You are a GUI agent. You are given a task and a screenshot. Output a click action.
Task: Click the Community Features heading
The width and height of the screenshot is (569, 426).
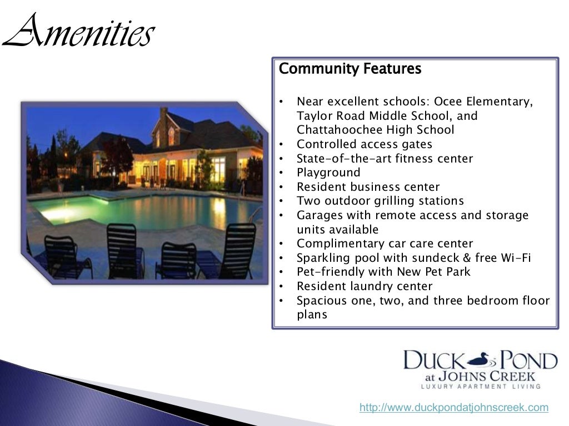(x=350, y=69)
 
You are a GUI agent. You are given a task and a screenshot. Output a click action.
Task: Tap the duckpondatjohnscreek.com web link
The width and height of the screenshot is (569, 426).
(x=453, y=408)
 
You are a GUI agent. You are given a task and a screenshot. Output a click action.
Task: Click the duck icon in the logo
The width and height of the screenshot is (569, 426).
(x=481, y=361)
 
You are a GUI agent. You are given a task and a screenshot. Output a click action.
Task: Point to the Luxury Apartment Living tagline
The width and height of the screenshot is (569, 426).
(x=480, y=386)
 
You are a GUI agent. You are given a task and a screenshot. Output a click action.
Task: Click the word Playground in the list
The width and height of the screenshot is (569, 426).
(x=328, y=173)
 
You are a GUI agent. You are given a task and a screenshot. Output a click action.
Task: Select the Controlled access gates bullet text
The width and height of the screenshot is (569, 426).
(x=365, y=144)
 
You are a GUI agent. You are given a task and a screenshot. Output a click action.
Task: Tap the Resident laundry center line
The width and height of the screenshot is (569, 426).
(x=365, y=286)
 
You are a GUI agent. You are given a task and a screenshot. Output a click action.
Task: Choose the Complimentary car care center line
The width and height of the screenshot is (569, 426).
(x=385, y=244)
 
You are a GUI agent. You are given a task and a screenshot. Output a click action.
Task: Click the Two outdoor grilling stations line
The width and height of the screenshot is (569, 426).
(x=380, y=201)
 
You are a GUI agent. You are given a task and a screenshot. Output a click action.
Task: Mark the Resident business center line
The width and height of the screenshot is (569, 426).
(x=368, y=187)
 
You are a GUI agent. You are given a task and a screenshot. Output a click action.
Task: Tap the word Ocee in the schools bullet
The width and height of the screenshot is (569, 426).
(x=448, y=102)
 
